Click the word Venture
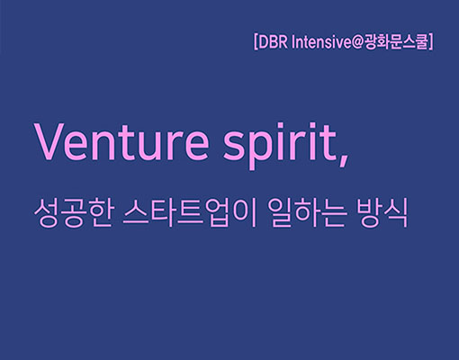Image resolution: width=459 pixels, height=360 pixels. [x=122, y=141]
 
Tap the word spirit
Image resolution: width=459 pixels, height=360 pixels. [x=280, y=146]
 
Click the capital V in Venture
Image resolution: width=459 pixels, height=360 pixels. [x=53, y=141]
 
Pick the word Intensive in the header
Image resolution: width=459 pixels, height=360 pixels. [x=321, y=42]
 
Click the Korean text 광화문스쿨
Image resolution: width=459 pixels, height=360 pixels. [x=395, y=42]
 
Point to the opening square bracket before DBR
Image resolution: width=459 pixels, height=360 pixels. [x=256, y=42]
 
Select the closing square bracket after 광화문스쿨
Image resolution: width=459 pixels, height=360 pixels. [x=430, y=42]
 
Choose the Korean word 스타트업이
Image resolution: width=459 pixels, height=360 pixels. [x=190, y=212]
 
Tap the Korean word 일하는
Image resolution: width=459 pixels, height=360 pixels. [x=309, y=212]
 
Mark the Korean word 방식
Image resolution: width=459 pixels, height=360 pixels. [x=382, y=212]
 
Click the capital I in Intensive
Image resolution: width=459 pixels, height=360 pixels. [x=293, y=42]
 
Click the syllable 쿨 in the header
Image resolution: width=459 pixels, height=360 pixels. [x=420, y=42]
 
